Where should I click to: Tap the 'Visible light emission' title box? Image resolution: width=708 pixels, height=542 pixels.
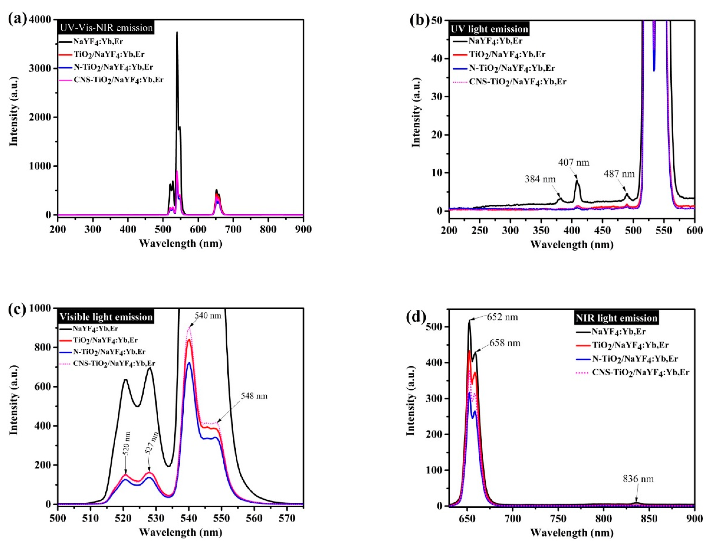(x=106, y=317)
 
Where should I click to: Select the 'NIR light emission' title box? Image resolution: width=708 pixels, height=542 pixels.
(x=616, y=318)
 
